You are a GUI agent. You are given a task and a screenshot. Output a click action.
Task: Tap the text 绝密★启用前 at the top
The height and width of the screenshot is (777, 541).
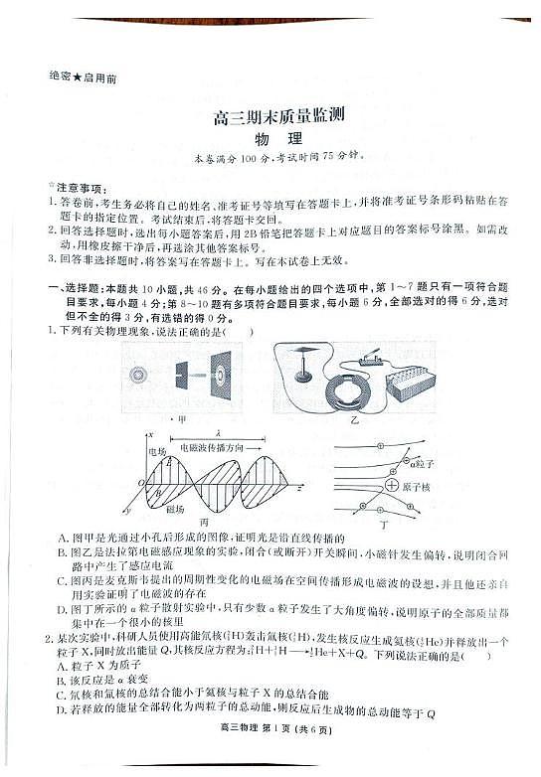[82, 78]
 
